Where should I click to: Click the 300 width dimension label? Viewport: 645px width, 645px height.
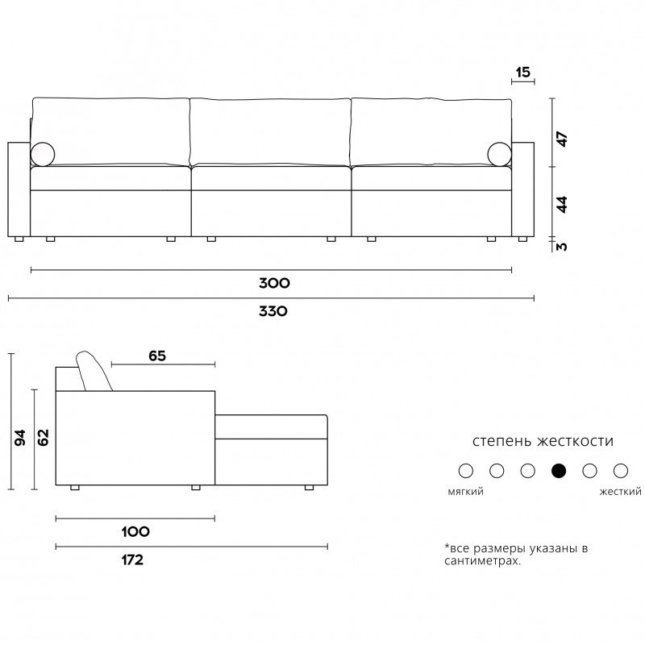(274, 283)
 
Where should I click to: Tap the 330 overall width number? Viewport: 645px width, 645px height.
(273, 311)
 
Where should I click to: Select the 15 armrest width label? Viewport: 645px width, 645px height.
(522, 73)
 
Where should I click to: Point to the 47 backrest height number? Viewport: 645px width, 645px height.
(561, 139)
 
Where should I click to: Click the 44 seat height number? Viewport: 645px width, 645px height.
(561, 205)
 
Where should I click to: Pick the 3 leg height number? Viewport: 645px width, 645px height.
(561, 247)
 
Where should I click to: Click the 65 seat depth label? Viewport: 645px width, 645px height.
(157, 356)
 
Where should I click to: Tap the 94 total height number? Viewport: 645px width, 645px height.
(19, 438)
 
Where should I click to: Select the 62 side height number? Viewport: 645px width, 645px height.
(43, 438)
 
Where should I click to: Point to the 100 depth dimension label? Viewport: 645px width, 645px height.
(135, 532)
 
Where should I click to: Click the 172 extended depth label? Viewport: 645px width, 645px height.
(132, 560)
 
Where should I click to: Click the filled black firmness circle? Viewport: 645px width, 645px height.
(559, 471)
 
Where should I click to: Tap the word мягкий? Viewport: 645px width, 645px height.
(466, 492)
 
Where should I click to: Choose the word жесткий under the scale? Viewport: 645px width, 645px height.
(620, 492)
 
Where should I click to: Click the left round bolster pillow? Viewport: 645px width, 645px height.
(43, 155)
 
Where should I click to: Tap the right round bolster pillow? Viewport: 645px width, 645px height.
(499, 155)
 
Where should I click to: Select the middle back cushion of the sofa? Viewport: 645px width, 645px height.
(270, 132)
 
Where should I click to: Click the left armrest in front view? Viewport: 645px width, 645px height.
(19, 189)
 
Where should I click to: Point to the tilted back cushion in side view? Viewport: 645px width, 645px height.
(94, 371)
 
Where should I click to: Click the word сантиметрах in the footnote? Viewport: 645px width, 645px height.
(482, 560)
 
